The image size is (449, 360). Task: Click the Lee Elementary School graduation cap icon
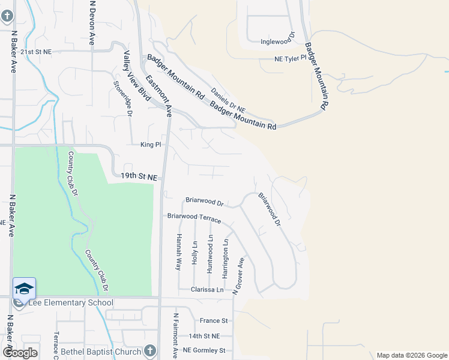[24, 289]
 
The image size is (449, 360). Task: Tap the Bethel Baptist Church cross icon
[149, 351]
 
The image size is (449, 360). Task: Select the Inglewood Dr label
[278, 41]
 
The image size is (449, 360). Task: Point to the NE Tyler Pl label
[291, 59]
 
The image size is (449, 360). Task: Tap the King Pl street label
[151, 145]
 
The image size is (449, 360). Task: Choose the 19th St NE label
[138, 177]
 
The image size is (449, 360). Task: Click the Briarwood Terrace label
[194, 218]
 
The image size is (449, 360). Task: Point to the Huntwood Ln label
[209, 254]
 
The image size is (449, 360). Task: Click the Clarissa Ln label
[207, 290]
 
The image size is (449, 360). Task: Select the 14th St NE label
[204, 336]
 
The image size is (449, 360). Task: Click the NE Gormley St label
[203, 350]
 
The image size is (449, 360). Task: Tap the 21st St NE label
[36, 52]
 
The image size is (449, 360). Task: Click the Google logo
[20, 353]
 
